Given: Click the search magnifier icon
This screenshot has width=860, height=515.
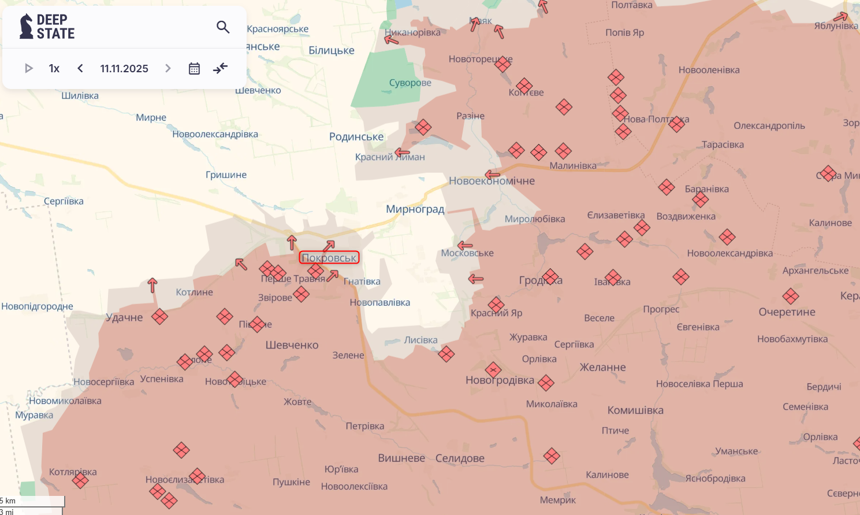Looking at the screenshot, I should [223, 27].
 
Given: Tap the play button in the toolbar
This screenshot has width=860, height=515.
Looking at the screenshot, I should [28, 69].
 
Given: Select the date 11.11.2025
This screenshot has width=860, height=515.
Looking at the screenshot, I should [124, 69].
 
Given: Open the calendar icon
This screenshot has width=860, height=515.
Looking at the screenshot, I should [194, 69].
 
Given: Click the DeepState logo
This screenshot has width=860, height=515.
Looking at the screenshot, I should [47, 27].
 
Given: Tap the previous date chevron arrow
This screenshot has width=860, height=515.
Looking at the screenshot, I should [80, 69].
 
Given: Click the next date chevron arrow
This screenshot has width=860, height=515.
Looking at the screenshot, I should [168, 69].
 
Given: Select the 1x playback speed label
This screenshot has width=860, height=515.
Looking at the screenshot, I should [54, 69].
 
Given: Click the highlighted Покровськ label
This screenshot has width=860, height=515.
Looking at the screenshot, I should [329, 258].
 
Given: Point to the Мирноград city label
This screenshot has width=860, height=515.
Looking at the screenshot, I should [415, 209].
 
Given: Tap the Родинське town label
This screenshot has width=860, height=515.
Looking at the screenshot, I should [356, 137].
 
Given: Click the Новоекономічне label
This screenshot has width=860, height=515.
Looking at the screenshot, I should [492, 181].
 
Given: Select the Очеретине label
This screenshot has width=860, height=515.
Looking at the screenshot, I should [787, 312].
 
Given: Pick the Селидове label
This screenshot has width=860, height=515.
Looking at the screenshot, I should [460, 458].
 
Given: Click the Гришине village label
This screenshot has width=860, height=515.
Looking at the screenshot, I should [226, 175].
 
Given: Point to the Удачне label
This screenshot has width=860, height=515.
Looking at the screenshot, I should [124, 317].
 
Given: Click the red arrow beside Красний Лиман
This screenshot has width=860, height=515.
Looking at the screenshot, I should [402, 153].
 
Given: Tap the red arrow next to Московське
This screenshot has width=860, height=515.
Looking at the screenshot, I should [464, 246].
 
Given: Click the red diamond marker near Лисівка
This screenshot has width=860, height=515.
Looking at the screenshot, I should [446, 354].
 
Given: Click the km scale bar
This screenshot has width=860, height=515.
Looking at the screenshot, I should [32, 501].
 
